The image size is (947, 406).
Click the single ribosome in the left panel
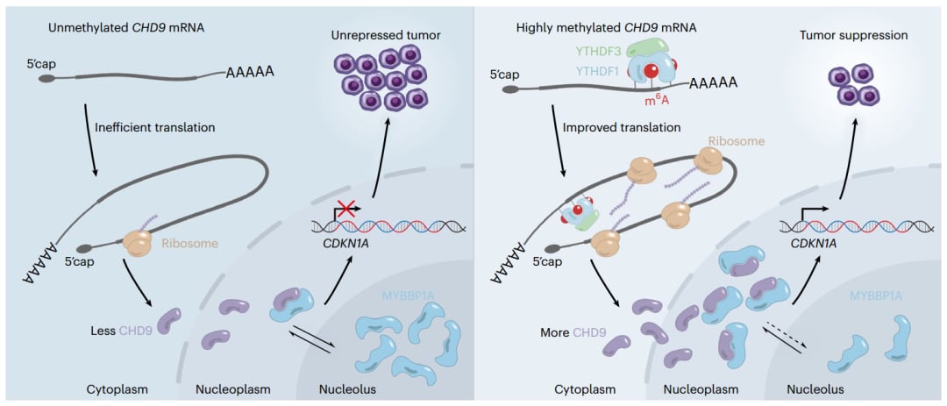[139, 243]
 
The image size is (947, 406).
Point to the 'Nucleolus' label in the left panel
[338, 388]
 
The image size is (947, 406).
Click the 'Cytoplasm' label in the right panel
[584, 388]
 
